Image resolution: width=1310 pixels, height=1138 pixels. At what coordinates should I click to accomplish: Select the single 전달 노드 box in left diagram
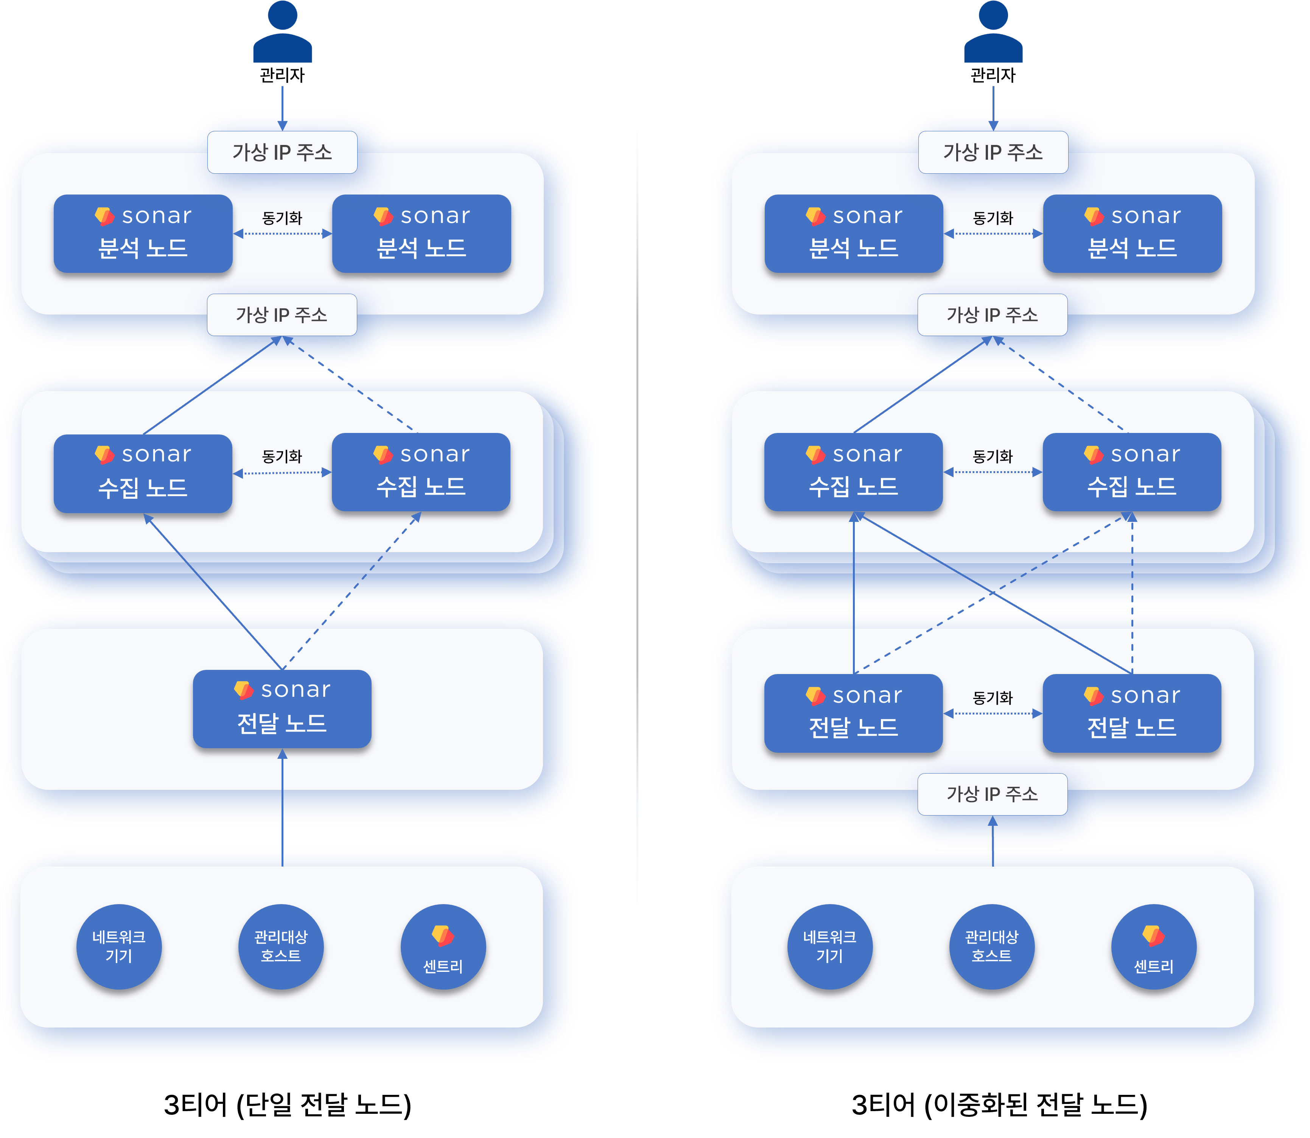pos(282,708)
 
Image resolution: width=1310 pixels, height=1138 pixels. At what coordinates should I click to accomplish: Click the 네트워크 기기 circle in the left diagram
pos(119,946)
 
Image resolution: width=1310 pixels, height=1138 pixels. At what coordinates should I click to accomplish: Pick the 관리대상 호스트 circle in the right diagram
pos(991,946)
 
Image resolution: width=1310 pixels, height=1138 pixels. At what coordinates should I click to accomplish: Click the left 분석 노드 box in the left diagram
pos(143,233)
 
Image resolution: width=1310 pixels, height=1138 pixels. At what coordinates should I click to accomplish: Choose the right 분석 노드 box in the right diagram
pos(1132,233)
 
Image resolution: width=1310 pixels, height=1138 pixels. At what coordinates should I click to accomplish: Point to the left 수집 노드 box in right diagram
pos(853,472)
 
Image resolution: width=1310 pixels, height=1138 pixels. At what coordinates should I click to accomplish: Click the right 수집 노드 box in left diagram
pos(421,472)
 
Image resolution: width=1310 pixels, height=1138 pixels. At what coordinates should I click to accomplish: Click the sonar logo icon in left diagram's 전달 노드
pos(244,690)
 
